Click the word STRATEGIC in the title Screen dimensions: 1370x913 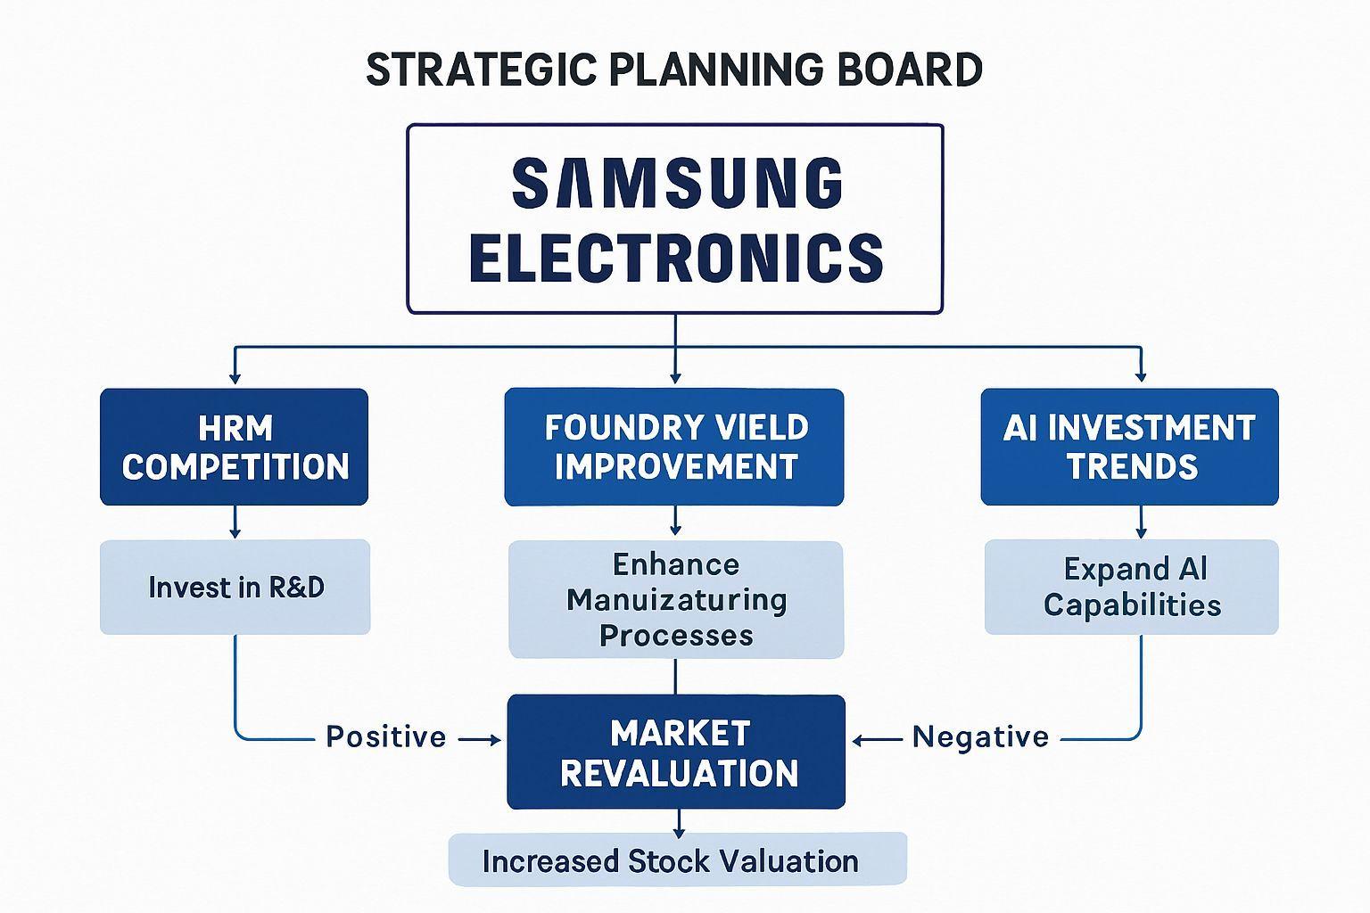482,70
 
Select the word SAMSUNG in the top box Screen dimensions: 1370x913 678,182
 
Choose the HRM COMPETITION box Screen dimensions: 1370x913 235,447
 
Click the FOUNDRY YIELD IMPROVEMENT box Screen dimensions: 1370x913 674,447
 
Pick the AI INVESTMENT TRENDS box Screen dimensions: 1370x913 1130,447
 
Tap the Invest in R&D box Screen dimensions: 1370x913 235,587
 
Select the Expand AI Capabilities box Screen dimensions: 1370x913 1132,587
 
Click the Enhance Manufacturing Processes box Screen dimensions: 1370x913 676,599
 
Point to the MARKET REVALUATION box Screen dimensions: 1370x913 676,752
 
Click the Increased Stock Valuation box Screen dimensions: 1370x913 678,860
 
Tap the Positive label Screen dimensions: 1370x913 386,736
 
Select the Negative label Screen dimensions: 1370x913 980,736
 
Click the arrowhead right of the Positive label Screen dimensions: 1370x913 495,740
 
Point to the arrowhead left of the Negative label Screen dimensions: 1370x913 859,741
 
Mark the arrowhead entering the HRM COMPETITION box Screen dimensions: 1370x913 235,377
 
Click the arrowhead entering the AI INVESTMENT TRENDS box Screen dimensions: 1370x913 1141,376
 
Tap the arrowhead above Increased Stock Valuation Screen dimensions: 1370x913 678,832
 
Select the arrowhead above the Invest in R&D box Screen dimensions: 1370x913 235,532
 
